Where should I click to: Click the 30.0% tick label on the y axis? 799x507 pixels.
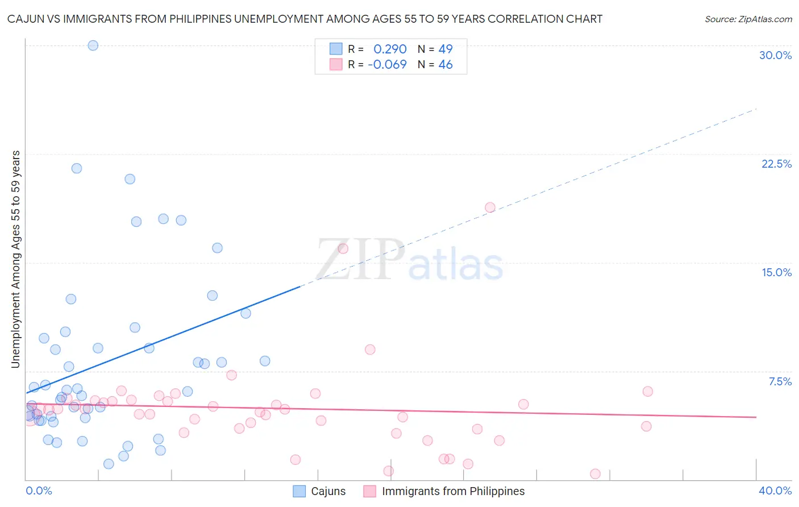point(775,55)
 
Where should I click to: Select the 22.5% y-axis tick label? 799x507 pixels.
point(776,164)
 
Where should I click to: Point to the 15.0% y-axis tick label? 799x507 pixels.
point(776,272)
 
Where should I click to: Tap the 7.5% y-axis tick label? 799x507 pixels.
point(780,381)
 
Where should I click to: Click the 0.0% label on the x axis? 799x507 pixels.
point(39,491)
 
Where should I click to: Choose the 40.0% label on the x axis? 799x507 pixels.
point(775,491)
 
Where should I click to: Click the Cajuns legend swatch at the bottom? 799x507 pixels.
point(299,491)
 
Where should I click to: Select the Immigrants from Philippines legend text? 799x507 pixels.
point(453,491)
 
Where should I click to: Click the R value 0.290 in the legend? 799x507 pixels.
point(390,49)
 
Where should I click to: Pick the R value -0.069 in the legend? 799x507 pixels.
point(387,65)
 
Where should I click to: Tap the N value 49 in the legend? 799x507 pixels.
point(446,49)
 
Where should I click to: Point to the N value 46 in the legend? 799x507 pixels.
point(446,65)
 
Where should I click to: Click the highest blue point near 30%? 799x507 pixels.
point(93,45)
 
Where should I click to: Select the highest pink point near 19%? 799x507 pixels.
point(490,207)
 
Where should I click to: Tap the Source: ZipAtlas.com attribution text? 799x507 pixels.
point(748,19)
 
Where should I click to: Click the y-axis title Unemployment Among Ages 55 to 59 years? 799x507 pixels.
point(16,259)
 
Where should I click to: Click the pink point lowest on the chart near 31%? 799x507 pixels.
point(595,474)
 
